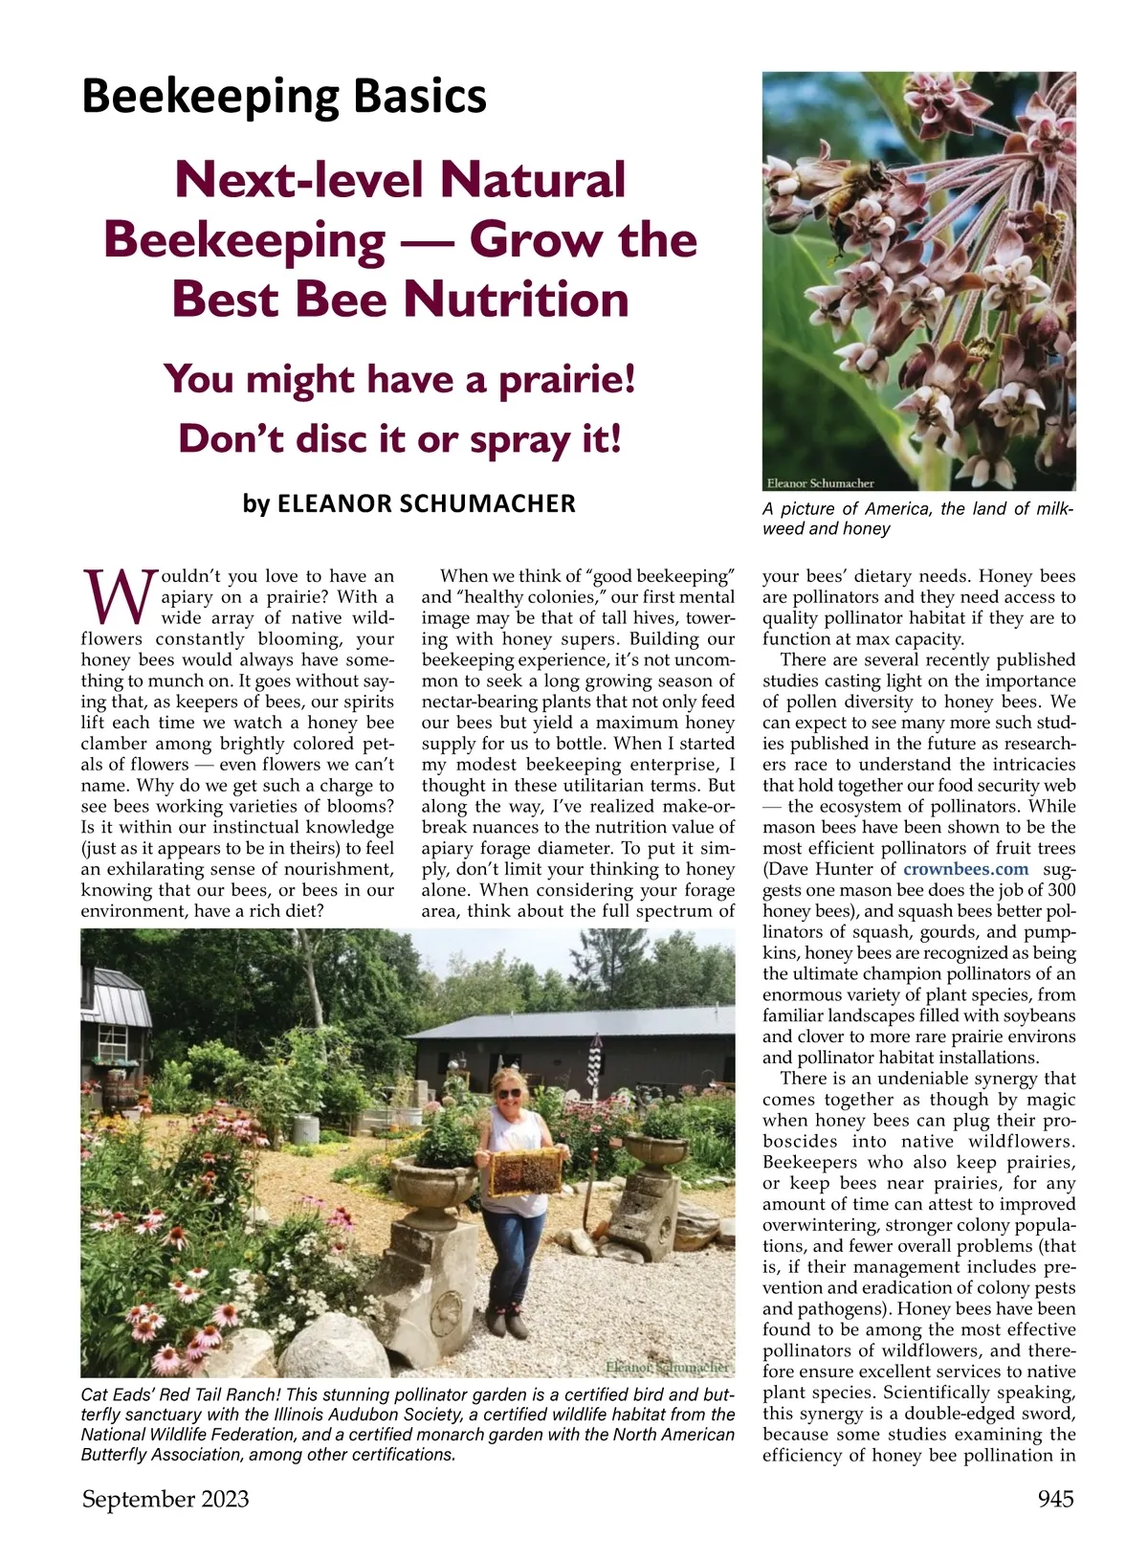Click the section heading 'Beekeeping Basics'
pos(284,97)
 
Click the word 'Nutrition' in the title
pos(516,299)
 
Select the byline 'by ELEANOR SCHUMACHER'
pos(409,503)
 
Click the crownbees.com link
pos(965,869)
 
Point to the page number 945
pos(1055,1499)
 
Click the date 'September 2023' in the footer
pos(166,1499)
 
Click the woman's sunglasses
pos(508,1093)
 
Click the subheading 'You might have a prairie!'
pos(400,379)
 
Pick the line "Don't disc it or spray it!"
pos(400,439)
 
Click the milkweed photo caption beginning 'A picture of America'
pos(917,519)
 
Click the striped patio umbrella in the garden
pos(595,1061)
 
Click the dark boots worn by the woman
pos(505,1323)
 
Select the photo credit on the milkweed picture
pos(821,483)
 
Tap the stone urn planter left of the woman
pos(432,1184)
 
